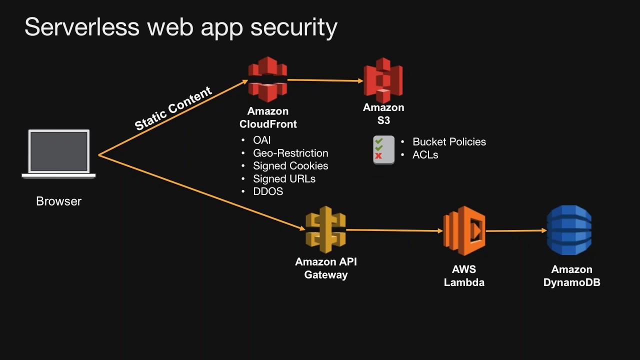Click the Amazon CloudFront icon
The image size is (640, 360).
[x=267, y=79]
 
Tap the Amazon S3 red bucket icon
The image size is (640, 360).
[x=383, y=80]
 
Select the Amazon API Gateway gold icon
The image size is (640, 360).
[x=325, y=229]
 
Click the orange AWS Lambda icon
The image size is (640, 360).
[x=464, y=230]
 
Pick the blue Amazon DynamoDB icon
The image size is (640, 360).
[x=569, y=230]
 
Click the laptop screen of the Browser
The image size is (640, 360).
[x=59, y=151]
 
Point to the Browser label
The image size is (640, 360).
[x=58, y=201]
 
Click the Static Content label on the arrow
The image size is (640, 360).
[x=173, y=108]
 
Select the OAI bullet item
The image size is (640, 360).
[x=261, y=140]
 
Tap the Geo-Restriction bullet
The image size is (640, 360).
[x=290, y=153]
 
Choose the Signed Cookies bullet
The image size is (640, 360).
[x=290, y=166]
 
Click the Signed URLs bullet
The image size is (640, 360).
[x=284, y=179]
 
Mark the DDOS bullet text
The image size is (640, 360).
[x=268, y=191]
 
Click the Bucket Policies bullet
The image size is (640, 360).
[x=449, y=142]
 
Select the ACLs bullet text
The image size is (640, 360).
[x=425, y=155]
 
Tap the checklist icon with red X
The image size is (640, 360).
[x=383, y=149]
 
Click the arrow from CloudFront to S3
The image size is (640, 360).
[x=325, y=80]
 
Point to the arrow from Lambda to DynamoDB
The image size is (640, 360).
[x=515, y=231]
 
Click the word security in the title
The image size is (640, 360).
[x=293, y=27]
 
